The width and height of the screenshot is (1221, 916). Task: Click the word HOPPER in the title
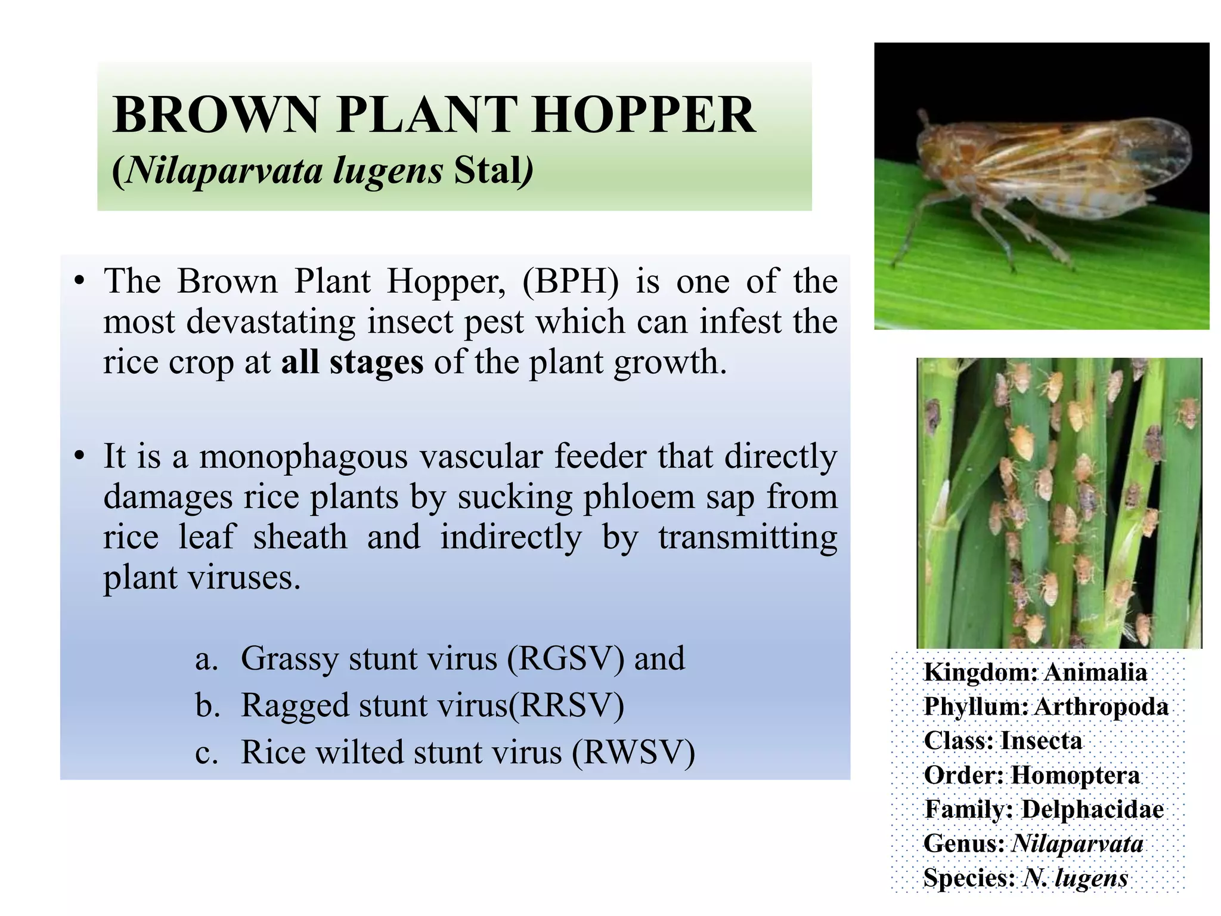coord(643,114)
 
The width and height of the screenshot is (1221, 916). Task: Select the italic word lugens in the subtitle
coord(388,171)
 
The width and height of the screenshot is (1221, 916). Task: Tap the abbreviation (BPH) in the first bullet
coord(571,281)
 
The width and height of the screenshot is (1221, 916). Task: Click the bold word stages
coord(376,362)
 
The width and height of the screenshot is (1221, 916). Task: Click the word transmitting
coord(748,537)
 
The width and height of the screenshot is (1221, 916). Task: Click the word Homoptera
coord(1075,775)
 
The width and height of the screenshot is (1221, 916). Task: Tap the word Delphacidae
coord(1092,809)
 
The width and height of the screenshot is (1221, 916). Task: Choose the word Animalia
coord(1095,673)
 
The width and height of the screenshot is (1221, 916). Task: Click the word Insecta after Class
coord(1041,741)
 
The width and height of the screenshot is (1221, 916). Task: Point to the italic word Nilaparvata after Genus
coord(1077,843)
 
